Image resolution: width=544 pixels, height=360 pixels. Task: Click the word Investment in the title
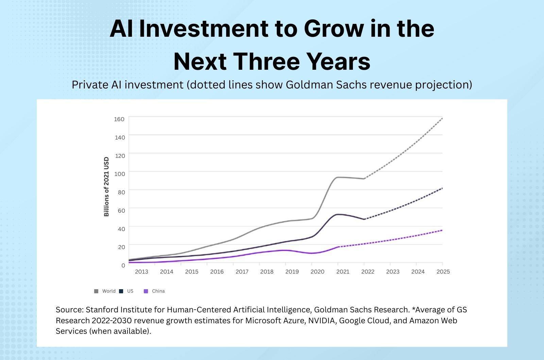pyautogui.click(x=204, y=29)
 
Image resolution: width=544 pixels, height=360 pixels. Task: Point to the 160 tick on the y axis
pyautogui.click(x=119, y=119)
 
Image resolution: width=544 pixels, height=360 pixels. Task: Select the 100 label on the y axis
pyautogui.click(x=120, y=174)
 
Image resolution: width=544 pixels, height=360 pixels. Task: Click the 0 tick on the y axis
pyautogui.click(x=123, y=265)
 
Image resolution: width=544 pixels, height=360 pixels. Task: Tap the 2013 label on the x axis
pyautogui.click(x=141, y=272)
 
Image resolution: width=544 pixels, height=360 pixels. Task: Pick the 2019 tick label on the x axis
pyautogui.click(x=292, y=272)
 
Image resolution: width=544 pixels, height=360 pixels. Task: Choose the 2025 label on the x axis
pyautogui.click(x=443, y=272)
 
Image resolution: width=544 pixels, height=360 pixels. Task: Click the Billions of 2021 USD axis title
pyautogui.click(x=106, y=186)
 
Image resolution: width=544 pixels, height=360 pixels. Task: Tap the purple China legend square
pyautogui.click(x=146, y=291)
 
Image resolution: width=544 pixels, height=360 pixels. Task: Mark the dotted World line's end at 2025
pyautogui.click(x=442, y=118)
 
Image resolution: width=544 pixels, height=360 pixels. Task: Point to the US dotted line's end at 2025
pyautogui.click(x=442, y=188)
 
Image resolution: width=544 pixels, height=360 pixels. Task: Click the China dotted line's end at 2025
pyautogui.click(x=442, y=230)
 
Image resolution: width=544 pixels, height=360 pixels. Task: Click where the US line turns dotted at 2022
pyautogui.click(x=364, y=219)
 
